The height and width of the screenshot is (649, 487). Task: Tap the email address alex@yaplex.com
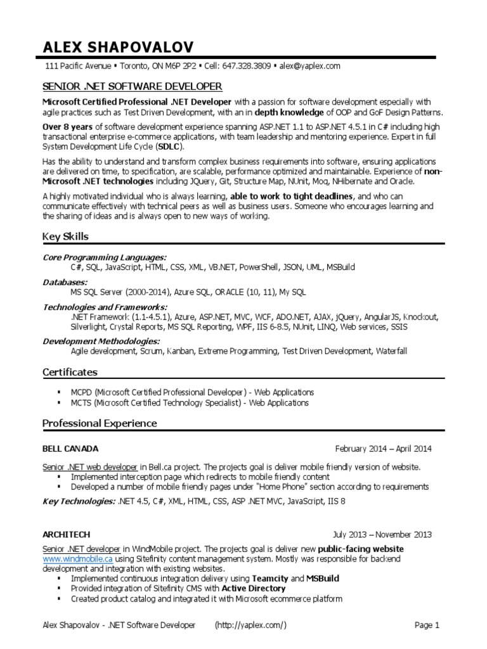pos(311,66)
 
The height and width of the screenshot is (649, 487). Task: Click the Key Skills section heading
pos(65,236)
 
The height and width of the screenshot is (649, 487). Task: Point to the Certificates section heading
pos(70,372)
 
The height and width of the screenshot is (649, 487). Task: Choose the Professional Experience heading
pos(100,423)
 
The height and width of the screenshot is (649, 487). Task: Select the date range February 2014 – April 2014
pos(383,449)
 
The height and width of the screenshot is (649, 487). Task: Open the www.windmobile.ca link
pos(78,560)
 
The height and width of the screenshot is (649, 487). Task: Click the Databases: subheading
pos(65,281)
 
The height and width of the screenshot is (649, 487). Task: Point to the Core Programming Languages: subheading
pos(105,257)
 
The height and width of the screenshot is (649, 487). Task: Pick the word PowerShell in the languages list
pos(258,268)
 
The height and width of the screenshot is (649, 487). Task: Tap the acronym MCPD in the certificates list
pos(82,392)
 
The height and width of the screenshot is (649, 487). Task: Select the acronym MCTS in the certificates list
pos(82,402)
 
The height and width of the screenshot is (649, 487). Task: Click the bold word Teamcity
pos(270,579)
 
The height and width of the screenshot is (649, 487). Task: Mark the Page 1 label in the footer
pos(427,626)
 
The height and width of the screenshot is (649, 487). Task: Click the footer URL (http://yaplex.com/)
pos(252,626)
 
